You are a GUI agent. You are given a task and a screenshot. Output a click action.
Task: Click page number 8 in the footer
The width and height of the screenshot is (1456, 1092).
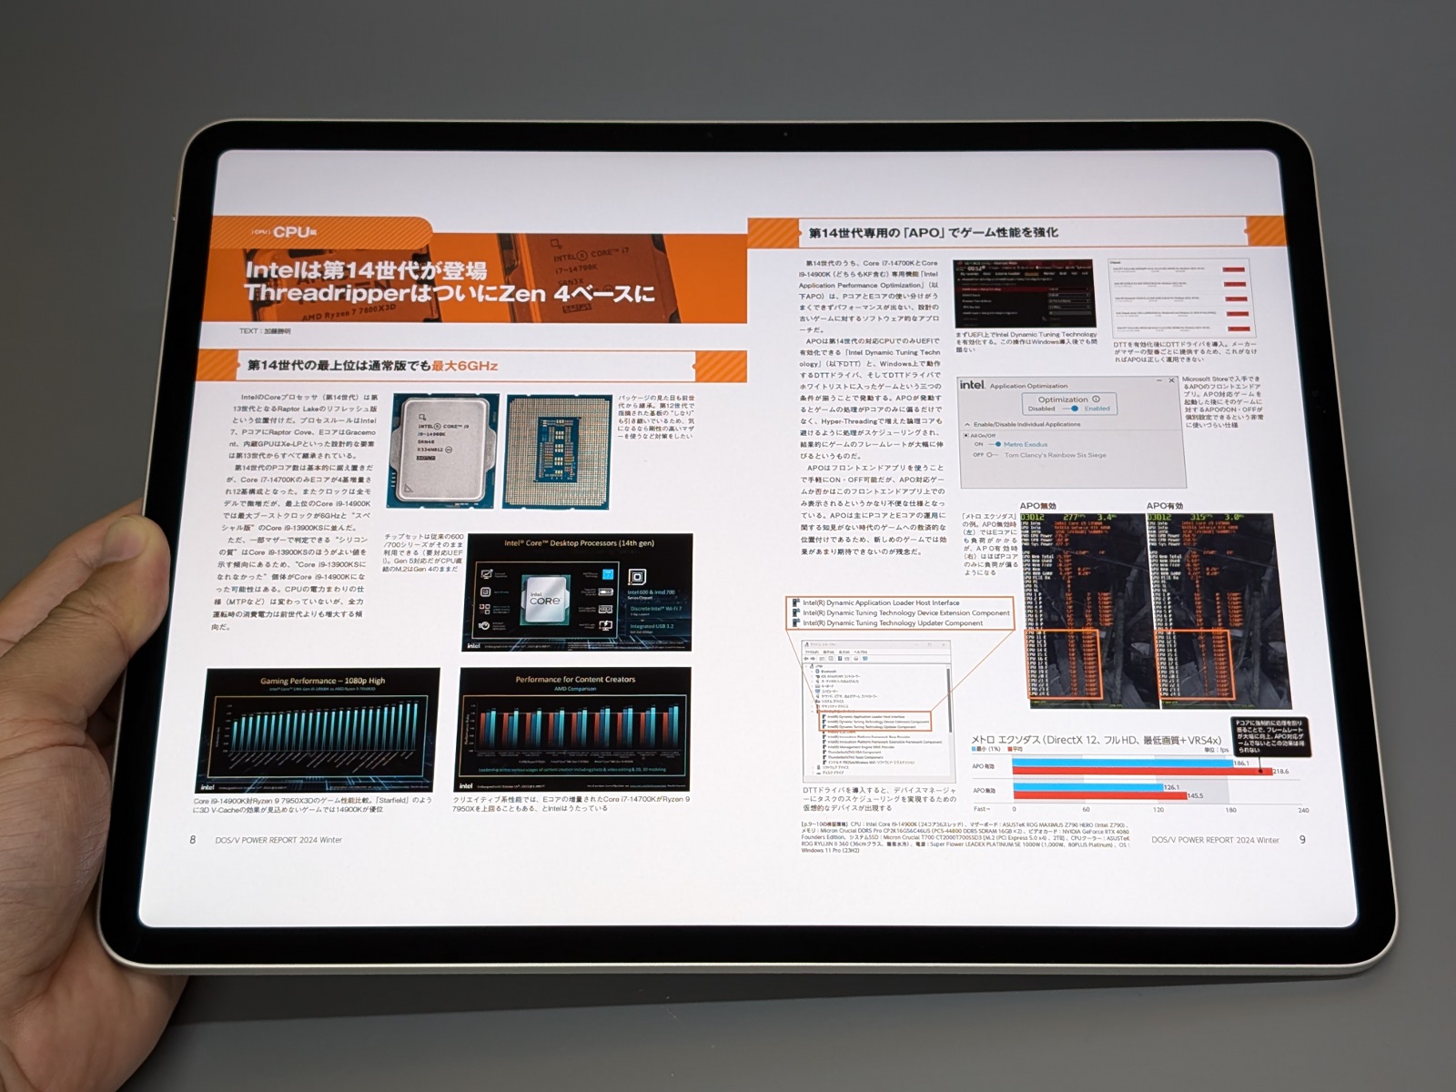coord(192,839)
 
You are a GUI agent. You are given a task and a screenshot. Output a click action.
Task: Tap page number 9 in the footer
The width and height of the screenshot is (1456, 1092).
coord(1302,839)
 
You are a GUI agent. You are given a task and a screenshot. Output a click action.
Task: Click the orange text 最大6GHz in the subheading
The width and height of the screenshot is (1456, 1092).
coord(464,366)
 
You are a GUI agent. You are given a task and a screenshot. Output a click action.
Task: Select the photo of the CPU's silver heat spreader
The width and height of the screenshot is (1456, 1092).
coord(443,450)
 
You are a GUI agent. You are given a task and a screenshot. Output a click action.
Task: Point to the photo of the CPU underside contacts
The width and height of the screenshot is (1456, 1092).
coord(558,450)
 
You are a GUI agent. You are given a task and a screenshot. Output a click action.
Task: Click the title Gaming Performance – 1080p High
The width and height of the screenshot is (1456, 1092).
coord(322,681)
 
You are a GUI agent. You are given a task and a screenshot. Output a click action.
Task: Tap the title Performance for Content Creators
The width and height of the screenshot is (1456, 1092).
coord(575,679)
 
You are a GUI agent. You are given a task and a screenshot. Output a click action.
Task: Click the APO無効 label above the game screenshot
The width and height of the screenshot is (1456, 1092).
coord(1037,506)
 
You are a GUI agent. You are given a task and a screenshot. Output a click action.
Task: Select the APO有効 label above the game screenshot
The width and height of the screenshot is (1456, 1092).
coord(1165,506)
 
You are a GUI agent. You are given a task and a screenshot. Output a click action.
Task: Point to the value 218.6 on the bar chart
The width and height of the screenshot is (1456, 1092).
coord(1280,772)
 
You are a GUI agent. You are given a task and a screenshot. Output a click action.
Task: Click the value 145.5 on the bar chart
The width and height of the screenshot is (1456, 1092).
coord(1195,796)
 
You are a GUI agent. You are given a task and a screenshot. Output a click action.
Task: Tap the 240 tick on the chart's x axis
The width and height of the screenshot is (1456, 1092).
coord(1303,810)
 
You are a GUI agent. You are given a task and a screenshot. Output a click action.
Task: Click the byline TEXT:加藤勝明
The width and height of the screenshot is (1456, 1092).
coord(265,331)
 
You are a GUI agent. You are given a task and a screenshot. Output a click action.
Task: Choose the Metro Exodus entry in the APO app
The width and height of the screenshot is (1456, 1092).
coord(1026,444)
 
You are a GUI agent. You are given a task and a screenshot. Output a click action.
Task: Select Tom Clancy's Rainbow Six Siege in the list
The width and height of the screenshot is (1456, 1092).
coord(1055,455)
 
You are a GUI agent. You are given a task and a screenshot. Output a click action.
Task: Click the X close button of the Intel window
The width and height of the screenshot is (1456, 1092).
coord(1171,380)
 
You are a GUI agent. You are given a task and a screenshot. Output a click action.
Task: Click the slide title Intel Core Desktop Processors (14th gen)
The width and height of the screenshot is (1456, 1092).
coord(579,543)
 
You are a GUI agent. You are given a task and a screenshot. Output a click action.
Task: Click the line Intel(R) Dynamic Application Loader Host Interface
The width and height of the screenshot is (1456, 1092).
coord(880,602)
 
